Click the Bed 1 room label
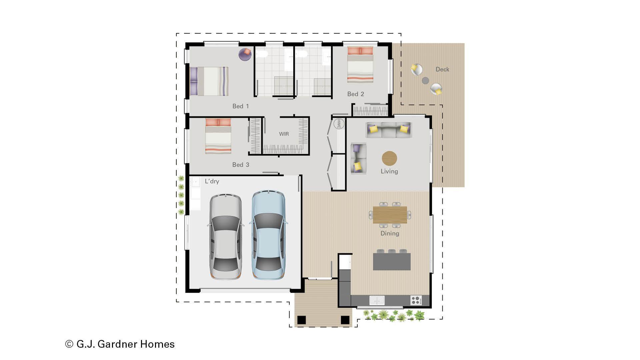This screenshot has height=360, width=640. (240, 106)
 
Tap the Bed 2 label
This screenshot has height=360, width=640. (355, 94)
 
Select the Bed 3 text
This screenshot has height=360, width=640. (240, 165)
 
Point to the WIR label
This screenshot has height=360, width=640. (284, 134)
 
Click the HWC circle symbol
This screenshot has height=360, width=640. (339, 124)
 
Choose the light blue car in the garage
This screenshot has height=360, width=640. (268, 235)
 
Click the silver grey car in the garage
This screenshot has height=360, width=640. (226, 237)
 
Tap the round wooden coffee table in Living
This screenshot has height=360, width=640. (389, 158)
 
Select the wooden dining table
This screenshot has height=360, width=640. (390, 215)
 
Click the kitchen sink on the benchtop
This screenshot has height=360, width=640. (377, 300)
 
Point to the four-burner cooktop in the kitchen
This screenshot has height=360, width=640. (416, 300)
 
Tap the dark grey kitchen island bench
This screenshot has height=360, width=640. (392, 262)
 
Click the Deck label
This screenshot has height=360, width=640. (442, 69)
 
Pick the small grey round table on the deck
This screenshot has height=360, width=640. (425, 80)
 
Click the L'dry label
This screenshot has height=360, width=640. (212, 181)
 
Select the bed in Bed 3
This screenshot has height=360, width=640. (218, 136)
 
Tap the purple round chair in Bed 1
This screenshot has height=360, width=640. (245, 54)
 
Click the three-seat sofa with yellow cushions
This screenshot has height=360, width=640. (389, 130)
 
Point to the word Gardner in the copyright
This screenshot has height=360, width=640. (117, 344)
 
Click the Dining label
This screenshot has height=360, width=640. (390, 233)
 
